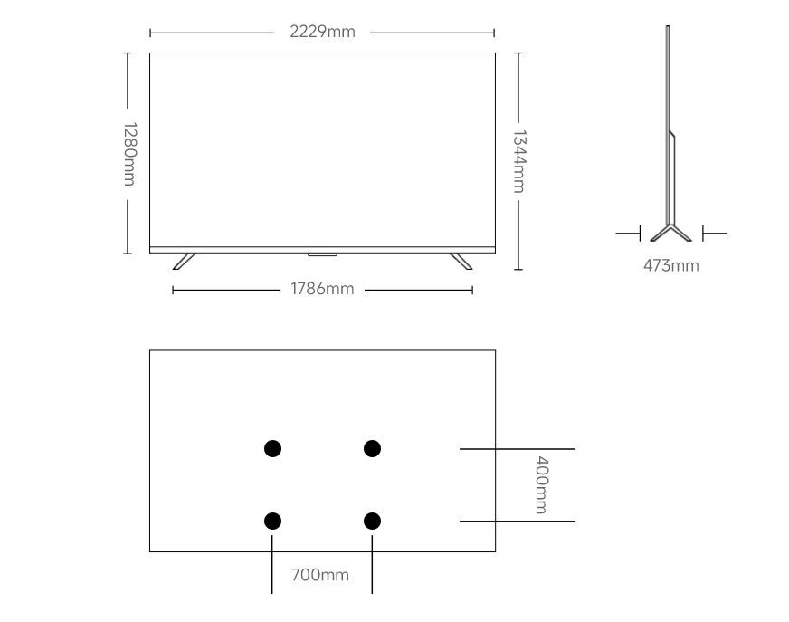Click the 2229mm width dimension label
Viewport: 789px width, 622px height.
tap(322, 32)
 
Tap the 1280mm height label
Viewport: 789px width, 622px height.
tap(129, 154)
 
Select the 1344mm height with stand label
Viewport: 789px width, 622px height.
tap(518, 162)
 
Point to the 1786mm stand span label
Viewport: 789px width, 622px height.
tap(322, 289)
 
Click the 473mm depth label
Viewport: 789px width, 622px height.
tap(671, 265)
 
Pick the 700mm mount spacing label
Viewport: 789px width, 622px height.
tap(320, 575)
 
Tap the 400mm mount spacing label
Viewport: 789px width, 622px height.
tap(541, 485)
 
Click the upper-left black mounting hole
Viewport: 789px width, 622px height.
tap(272, 448)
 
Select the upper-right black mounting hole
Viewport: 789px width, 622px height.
tap(373, 448)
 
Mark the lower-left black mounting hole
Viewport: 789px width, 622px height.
tap(272, 522)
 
